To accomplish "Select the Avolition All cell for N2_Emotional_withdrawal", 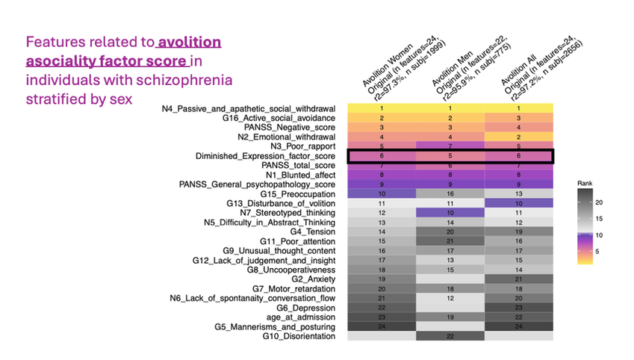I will click(x=518, y=137).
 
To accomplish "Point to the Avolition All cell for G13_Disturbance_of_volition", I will click(x=518, y=203).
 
